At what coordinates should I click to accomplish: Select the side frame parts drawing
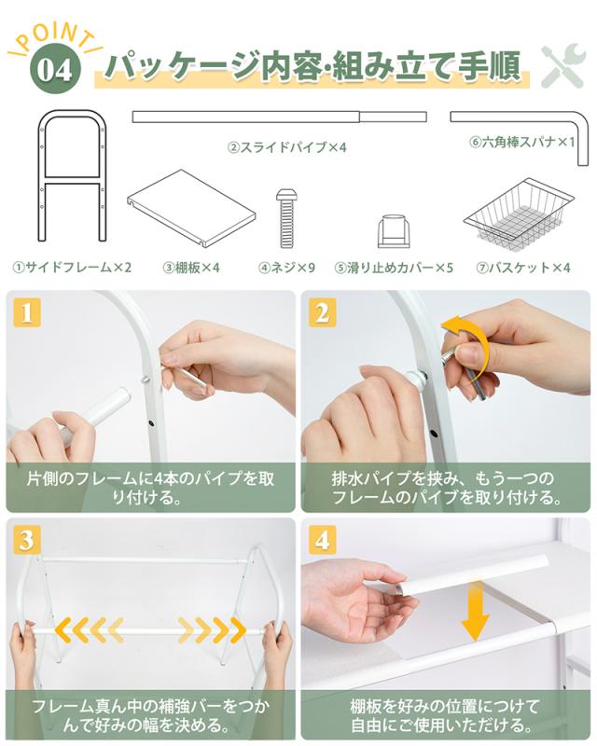72,176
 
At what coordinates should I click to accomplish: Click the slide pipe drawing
279,117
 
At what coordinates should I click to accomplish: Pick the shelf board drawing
191,208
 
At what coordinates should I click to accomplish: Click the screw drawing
285,218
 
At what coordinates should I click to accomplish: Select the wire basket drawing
518,214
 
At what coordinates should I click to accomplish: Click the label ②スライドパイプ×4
287,147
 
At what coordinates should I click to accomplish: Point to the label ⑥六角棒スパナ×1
521,143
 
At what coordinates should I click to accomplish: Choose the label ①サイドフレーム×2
72,268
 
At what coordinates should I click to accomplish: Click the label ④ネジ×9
287,268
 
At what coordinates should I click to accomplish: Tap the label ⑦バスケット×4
523,268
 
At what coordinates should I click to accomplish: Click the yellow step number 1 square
27,313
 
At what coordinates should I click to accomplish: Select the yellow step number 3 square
27,540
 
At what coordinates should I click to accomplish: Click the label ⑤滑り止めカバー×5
394,268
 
